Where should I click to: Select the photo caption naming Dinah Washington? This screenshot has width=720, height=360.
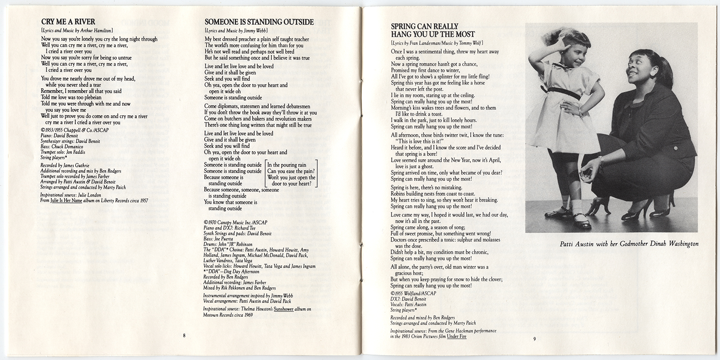[629, 244]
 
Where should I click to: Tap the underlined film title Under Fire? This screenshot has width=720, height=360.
[457, 336]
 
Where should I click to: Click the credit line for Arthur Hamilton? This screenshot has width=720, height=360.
[77, 30]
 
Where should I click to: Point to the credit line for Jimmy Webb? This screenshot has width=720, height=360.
[236, 30]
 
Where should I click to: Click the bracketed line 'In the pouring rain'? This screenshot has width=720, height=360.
[287, 165]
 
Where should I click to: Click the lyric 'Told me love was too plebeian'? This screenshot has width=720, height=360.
[71, 97]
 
